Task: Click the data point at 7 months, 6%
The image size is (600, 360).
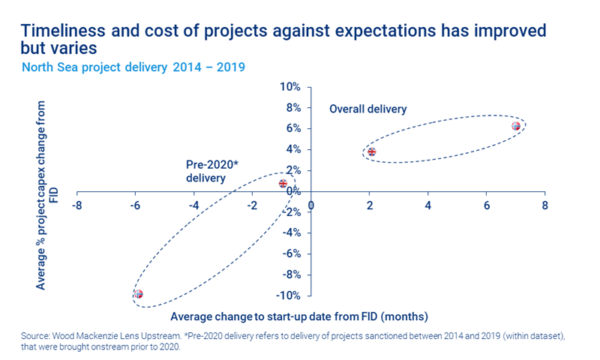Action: (x=516, y=126)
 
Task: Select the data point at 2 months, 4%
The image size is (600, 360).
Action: (x=371, y=151)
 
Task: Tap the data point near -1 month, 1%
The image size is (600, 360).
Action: (x=283, y=183)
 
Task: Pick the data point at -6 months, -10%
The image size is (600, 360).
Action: (x=138, y=294)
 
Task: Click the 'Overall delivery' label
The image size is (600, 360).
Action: (x=367, y=109)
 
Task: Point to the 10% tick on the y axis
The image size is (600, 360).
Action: (x=289, y=86)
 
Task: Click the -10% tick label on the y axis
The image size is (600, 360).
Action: (x=288, y=295)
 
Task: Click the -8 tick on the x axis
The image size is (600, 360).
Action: (x=76, y=205)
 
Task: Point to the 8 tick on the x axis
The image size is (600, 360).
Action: (x=545, y=205)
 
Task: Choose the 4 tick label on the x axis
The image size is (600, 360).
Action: (x=428, y=205)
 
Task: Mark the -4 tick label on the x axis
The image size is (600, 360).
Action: (x=193, y=205)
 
